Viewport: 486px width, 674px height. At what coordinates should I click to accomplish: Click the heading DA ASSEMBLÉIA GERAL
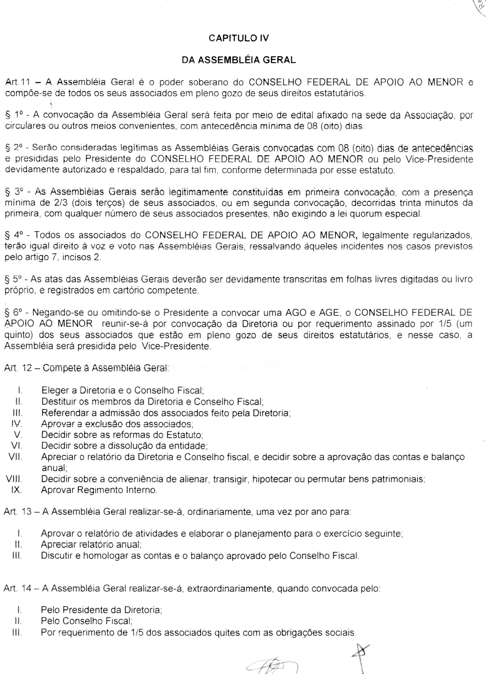[239, 60]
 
